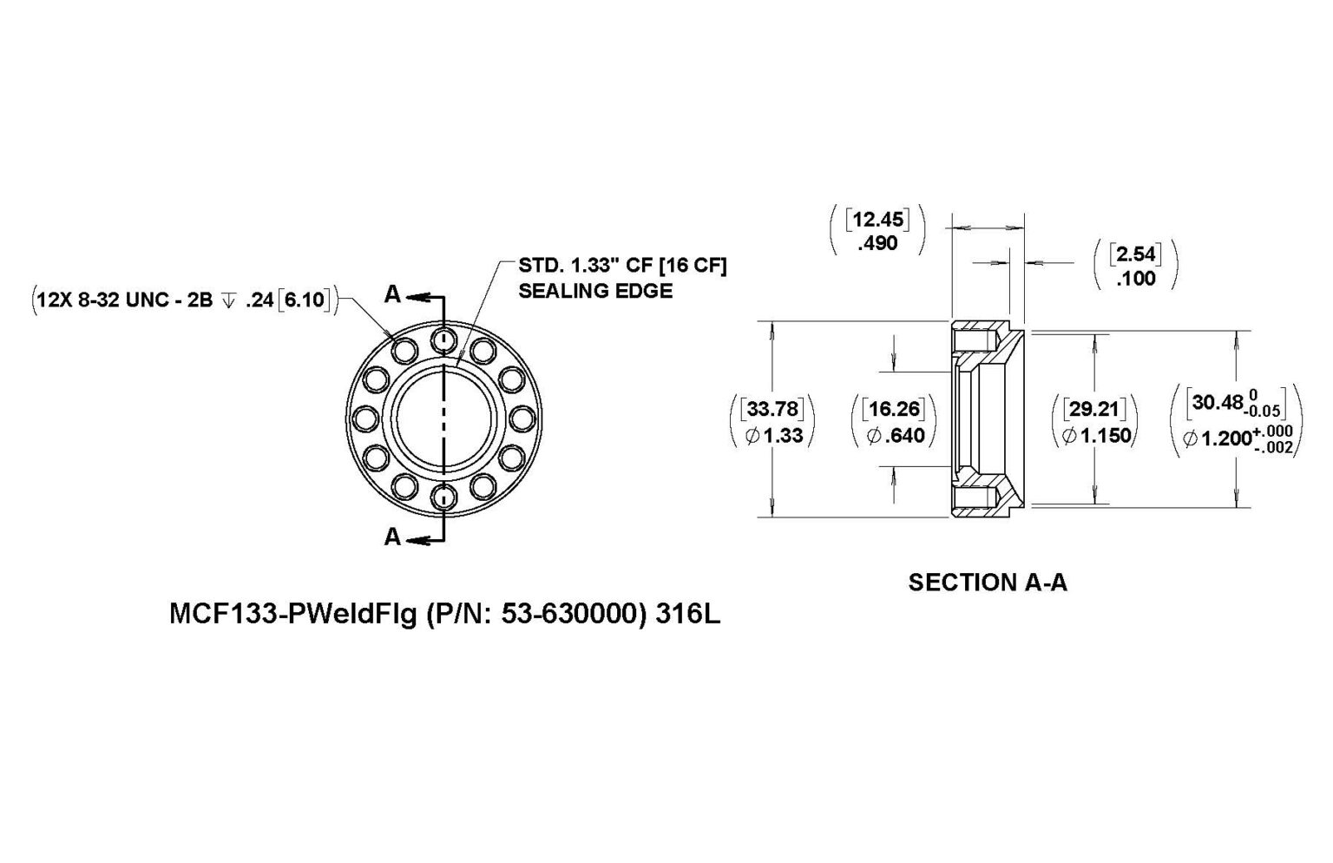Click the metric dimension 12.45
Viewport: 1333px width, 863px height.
(x=877, y=220)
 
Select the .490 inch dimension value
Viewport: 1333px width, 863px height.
(x=877, y=245)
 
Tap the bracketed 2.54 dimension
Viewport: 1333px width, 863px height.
(x=1136, y=254)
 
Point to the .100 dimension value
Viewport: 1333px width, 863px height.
(x=1136, y=279)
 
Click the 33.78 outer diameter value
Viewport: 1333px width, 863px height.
(x=772, y=408)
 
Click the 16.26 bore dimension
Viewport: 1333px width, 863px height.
(x=895, y=408)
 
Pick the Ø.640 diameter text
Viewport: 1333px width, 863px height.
(x=895, y=435)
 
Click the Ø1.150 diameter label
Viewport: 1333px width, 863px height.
(x=1096, y=435)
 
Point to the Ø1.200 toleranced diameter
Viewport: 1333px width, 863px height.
(x=1236, y=439)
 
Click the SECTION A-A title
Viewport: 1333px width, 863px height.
(x=987, y=583)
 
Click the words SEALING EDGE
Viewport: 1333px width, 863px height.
(x=594, y=291)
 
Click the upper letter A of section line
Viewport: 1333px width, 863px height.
(x=392, y=295)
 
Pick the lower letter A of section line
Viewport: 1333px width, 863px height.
(x=392, y=537)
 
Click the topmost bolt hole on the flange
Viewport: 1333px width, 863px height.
(x=444, y=339)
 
